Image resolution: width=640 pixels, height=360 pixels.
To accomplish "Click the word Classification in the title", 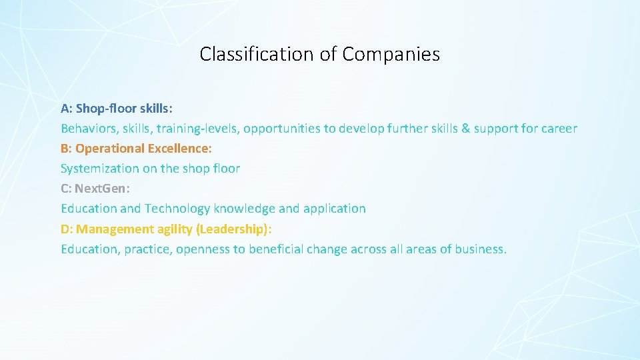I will [258, 54].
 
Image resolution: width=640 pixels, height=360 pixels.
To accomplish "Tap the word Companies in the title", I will [391, 54].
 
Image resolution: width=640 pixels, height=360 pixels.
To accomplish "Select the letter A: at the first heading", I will [66, 108].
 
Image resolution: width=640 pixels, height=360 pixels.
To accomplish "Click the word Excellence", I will [179, 148].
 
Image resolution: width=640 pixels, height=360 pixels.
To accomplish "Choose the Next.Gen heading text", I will [102, 189].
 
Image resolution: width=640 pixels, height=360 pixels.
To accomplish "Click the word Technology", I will [177, 209].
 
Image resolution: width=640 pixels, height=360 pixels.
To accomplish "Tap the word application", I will [334, 209].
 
